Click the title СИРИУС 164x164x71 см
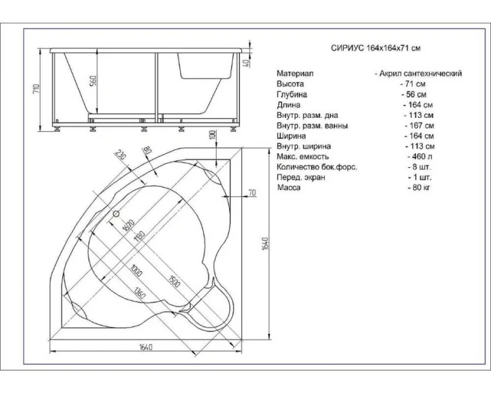(376, 48)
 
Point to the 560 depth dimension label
(94, 81)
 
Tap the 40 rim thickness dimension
(246, 63)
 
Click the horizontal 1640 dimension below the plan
(145, 347)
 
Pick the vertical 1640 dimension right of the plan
(265, 244)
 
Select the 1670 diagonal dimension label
(128, 225)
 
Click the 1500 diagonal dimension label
(174, 281)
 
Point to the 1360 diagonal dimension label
(139, 292)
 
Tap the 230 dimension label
(120, 155)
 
